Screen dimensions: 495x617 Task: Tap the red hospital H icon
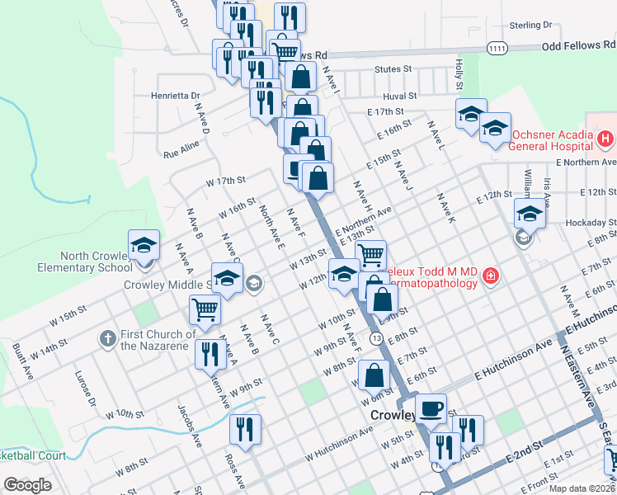click(x=606, y=139)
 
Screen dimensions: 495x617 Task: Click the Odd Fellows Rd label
click(x=578, y=47)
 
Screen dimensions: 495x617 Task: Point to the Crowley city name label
click(x=390, y=415)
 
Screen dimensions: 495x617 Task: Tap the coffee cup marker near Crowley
click(x=431, y=408)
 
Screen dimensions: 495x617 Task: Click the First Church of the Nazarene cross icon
click(x=107, y=338)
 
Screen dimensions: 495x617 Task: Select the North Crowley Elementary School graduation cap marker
click(x=144, y=245)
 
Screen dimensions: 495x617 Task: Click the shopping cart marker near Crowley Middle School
click(x=204, y=310)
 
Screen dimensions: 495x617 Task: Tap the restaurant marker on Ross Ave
click(x=245, y=429)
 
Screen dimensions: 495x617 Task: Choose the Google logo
click(x=28, y=484)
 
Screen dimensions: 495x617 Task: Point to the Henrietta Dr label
click(x=176, y=96)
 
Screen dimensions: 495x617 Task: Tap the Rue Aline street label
click(x=181, y=149)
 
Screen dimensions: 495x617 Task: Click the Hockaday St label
click(x=591, y=223)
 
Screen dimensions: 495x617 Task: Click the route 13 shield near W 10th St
click(x=375, y=338)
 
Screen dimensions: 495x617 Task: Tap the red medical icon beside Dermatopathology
click(x=490, y=275)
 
